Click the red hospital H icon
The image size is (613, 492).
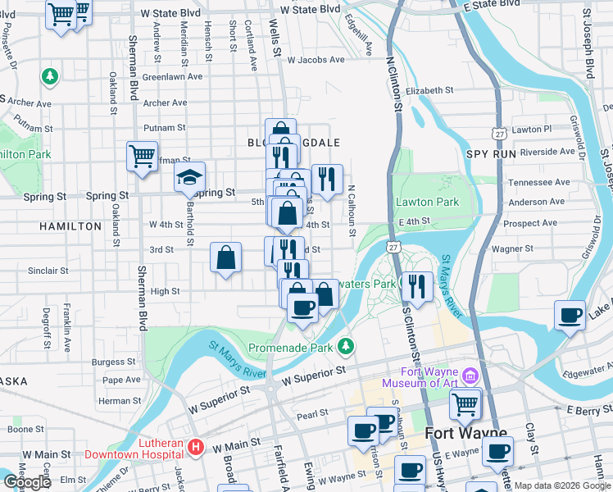(196, 447)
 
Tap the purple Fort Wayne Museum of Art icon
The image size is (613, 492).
(470, 376)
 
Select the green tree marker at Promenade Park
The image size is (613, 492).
(347, 347)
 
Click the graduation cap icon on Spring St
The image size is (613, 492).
(189, 177)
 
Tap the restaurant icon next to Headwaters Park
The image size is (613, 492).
(417, 287)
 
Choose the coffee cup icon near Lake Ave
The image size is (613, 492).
(570, 315)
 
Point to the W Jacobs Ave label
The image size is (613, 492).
(316, 60)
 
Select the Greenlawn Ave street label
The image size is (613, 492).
(172, 76)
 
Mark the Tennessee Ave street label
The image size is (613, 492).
(537, 183)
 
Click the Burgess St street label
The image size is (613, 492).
(114, 361)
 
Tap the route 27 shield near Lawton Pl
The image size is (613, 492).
(498, 132)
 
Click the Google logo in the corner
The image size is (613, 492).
(27, 482)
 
